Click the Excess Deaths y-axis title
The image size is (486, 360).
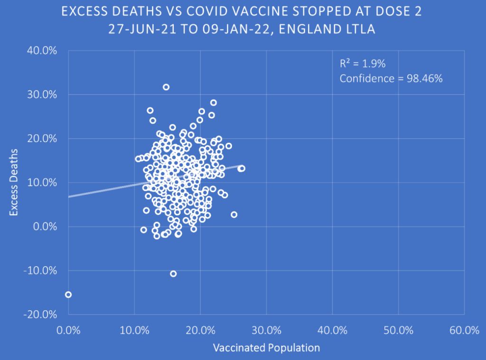(14, 183)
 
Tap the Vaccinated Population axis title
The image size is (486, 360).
(266, 348)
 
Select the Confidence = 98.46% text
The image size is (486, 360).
(391, 79)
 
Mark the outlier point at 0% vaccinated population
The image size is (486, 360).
(68, 295)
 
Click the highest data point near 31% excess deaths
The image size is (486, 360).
(166, 87)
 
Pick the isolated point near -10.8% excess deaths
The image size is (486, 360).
(173, 274)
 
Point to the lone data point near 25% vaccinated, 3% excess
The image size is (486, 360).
(234, 214)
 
